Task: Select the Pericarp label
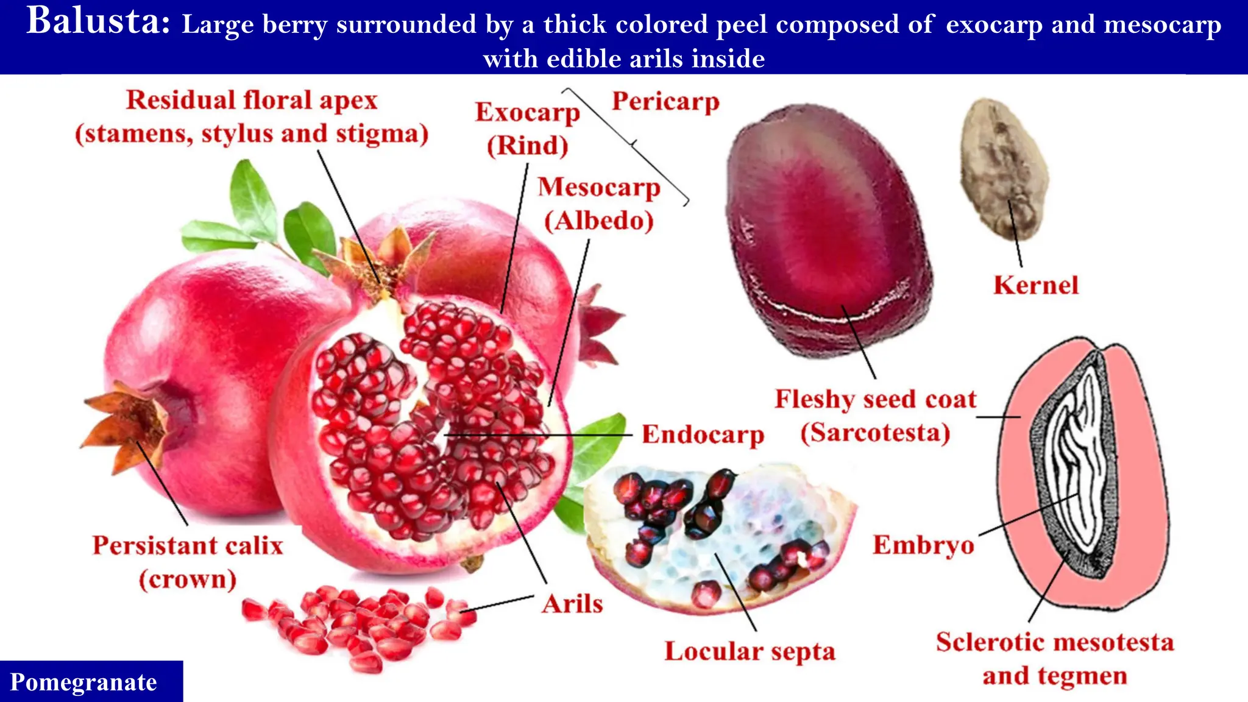(665, 102)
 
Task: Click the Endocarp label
(703, 435)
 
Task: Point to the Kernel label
(1036, 285)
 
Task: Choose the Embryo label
(923, 545)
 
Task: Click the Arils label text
(572, 604)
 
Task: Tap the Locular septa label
(750, 651)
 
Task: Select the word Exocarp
(528, 113)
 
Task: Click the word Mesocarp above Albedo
(599, 187)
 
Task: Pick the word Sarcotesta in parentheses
(875, 433)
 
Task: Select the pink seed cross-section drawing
(1085, 475)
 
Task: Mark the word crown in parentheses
(188, 579)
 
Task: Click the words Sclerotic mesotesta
(1055, 642)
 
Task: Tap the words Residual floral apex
(252, 101)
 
